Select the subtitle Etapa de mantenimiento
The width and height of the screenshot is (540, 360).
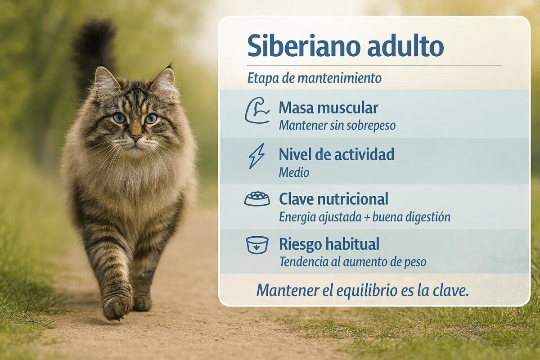pos(315,78)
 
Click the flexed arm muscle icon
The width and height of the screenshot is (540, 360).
pos(257,110)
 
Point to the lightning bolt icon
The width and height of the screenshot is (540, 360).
pos(257,156)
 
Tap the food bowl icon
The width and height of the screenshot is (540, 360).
pos(257,199)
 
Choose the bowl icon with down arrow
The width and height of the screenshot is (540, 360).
pos(257,245)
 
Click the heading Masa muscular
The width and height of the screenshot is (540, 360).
pos(328,108)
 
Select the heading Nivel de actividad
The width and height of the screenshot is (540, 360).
pos(337,154)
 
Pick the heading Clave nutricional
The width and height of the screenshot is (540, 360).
pos(333,199)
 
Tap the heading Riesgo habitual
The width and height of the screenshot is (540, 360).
pos(329,244)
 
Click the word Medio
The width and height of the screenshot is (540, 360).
pos(294,173)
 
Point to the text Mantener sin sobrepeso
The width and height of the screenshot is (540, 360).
pos(337,126)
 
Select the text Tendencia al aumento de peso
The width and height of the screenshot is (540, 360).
pos(353,262)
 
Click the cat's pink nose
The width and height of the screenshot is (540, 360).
pos(136,138)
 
